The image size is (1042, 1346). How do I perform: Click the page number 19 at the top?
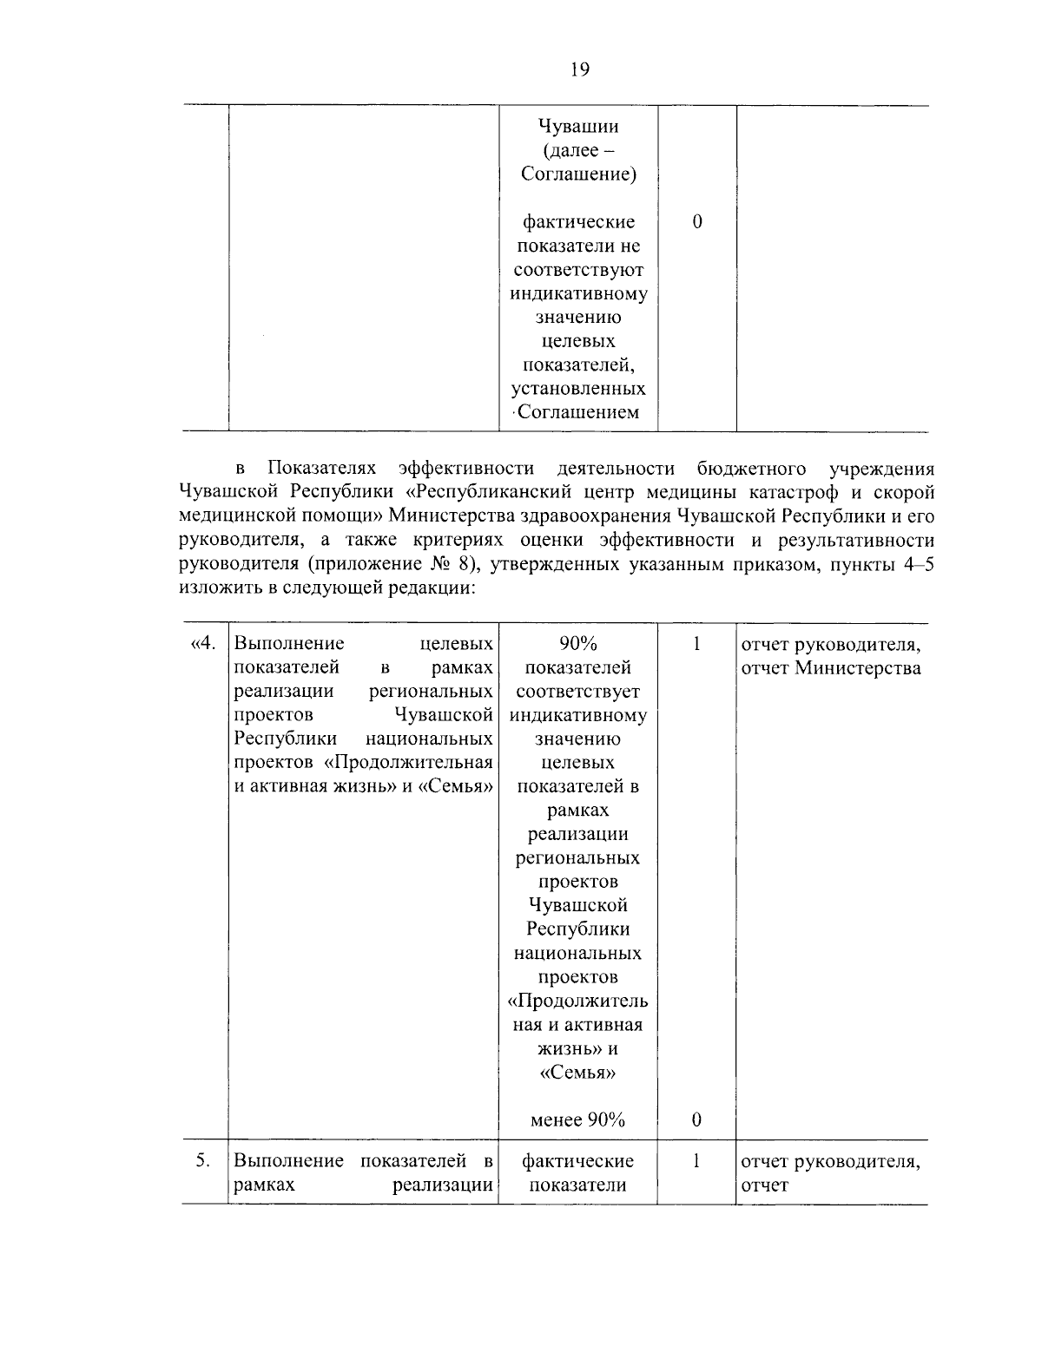click(x=580, y=70)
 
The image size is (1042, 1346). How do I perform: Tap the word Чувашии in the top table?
click(x=578, y=127)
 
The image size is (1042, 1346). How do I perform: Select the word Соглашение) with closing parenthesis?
click(x=578, y=174)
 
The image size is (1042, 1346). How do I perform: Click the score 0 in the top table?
click(x=697, y=222)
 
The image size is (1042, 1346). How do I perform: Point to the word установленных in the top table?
click(x=578, y=388)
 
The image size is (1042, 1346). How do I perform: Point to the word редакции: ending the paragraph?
click(x=426, y=588)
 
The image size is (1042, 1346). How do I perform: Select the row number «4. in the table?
click(x=201, y=644)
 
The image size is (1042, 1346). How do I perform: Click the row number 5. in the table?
click(x=203, y=1161)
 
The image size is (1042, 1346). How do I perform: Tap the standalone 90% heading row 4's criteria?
click(x=578, y=644)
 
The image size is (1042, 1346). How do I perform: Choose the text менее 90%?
click(x=578, y=1120)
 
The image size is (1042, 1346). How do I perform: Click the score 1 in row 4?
click(x=697, y=644)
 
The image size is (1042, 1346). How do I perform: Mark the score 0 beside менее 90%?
click(x=697, y=1120)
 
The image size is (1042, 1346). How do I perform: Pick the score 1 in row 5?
click(x=697, y=1161)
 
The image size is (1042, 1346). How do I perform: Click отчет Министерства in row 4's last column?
click(x=830, y=668)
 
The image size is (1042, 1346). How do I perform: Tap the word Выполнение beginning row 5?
click(x=288, y=1161)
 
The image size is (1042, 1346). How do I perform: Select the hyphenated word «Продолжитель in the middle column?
click(x=578, y=1001)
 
